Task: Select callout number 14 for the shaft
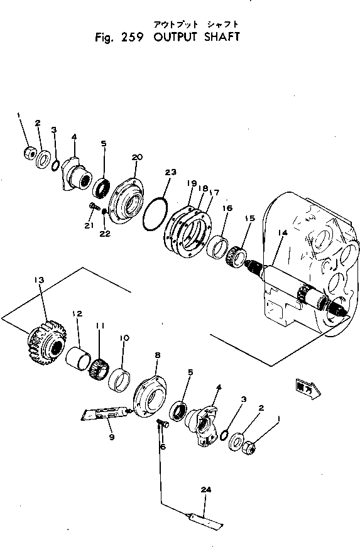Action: coord(282,232)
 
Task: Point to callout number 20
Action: coord(138,156)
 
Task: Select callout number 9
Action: coord(111,437)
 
